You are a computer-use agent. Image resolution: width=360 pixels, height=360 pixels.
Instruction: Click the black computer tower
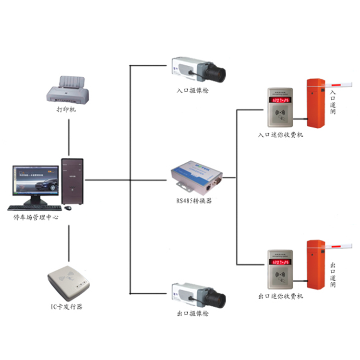[x=72, y=180]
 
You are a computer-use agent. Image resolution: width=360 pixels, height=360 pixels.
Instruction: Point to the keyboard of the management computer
[x=35, y=208]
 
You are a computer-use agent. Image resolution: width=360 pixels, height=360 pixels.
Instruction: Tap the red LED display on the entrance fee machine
[x=280, y=100]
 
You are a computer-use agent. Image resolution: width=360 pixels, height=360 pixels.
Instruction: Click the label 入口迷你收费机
[x=280, y=135]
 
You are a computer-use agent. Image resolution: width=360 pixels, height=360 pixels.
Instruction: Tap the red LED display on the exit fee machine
[x=280, y=263]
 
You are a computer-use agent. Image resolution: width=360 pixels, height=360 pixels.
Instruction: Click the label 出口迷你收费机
[x=280, y=297]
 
